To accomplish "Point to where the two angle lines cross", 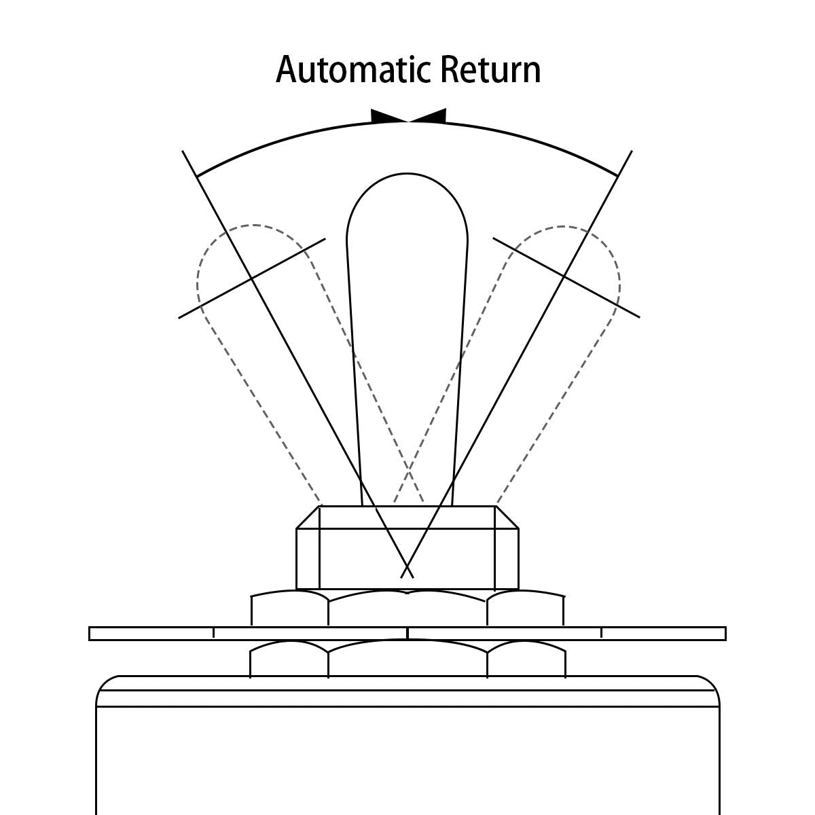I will pyautogui.click(x=407, y=567).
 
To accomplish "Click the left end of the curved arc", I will pyautogui.click(x=197, y=176).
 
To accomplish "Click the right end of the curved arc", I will pyautogui.click(x=618, y=176).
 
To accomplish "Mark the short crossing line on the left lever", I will pyautogui.click(x=251, y=278).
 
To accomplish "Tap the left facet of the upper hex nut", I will pyautogui.click(x=290, y=609).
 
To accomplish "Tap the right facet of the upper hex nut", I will pyautogui.click(x=525, y=609).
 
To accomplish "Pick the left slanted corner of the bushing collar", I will pyautogui.click(x=308, y=518).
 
